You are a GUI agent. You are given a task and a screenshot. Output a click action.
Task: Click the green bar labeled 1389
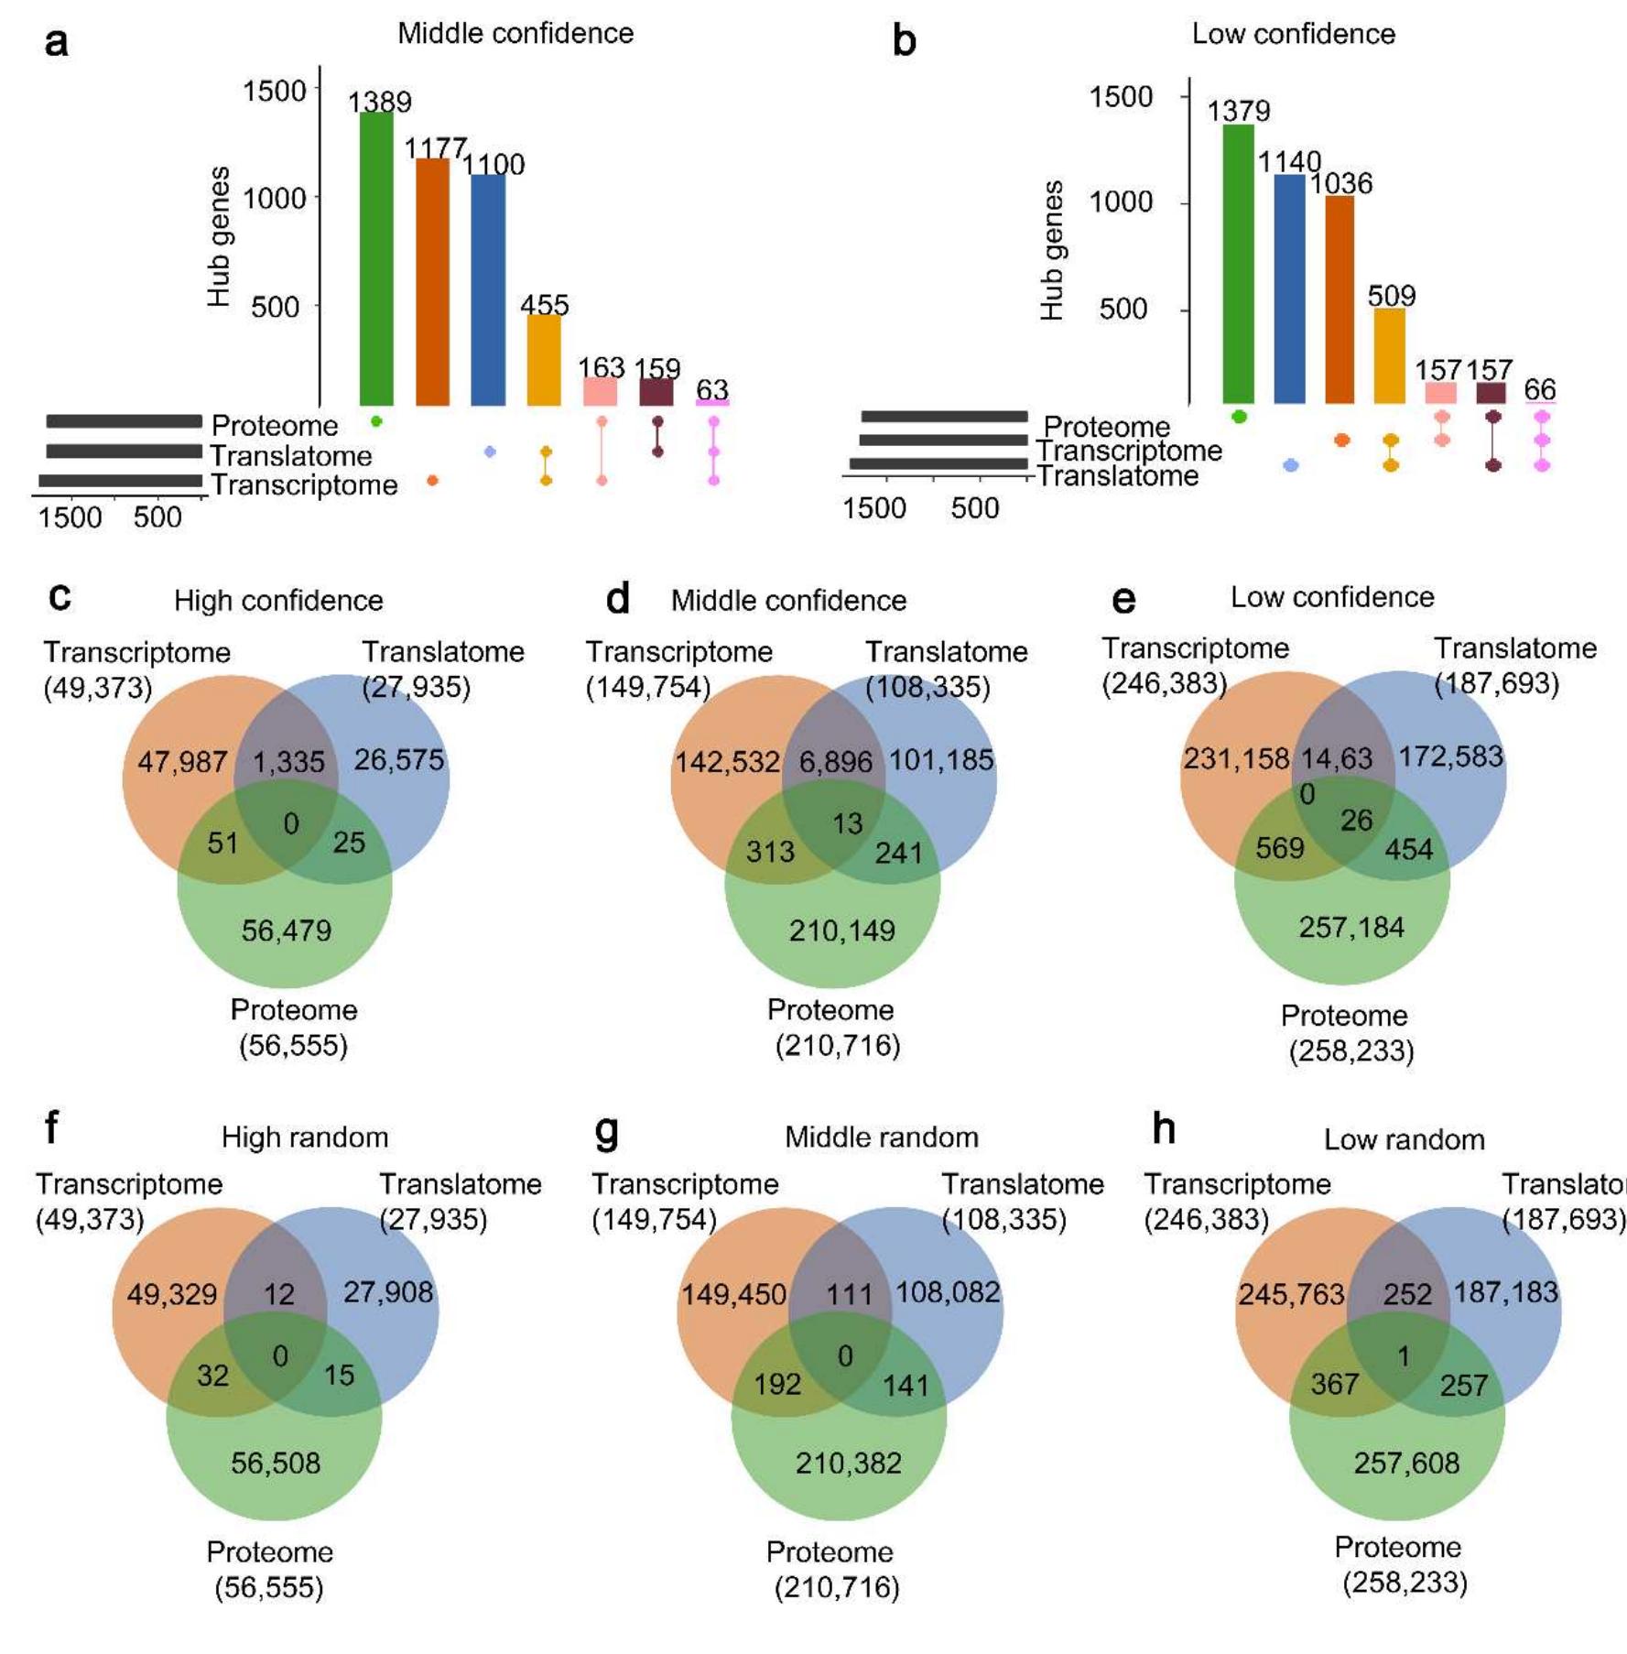(x=376, y=258)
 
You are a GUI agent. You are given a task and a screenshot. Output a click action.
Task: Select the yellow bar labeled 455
(x=544, y=359)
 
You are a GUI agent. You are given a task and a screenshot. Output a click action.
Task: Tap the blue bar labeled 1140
(x=1289, y=288)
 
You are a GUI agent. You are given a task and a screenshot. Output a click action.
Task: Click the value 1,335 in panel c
(x=288, y=762)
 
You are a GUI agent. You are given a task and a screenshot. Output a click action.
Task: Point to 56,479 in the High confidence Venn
(x=287, y=930)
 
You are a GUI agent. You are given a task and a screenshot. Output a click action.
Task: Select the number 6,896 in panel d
(x=835, y=762)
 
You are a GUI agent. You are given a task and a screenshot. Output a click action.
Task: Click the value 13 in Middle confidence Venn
(x=847, y=823)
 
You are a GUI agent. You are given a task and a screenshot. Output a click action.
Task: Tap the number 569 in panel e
(x=1279, y=848)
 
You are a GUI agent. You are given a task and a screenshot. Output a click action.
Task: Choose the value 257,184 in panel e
(x=1350, y=927)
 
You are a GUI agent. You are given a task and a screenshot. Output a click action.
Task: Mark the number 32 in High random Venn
(x=212, y=1375)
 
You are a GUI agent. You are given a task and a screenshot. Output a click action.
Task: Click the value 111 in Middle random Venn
(x=850, y=1294)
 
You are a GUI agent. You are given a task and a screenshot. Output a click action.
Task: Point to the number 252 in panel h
(x=1406, y=1294)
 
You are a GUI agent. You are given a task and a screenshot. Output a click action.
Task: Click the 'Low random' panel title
(x=1404, y=1140)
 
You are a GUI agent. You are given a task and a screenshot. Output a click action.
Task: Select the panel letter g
(x=606, y=1132)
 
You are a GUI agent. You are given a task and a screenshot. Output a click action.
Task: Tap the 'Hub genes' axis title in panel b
(x=1053, y=250)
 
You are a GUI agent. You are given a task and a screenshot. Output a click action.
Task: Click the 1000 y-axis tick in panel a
(x=274, y=198)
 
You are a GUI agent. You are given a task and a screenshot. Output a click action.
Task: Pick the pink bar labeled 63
(x=712, y=402)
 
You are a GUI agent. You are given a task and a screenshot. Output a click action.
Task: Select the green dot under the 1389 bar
(x=376, y=421)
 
